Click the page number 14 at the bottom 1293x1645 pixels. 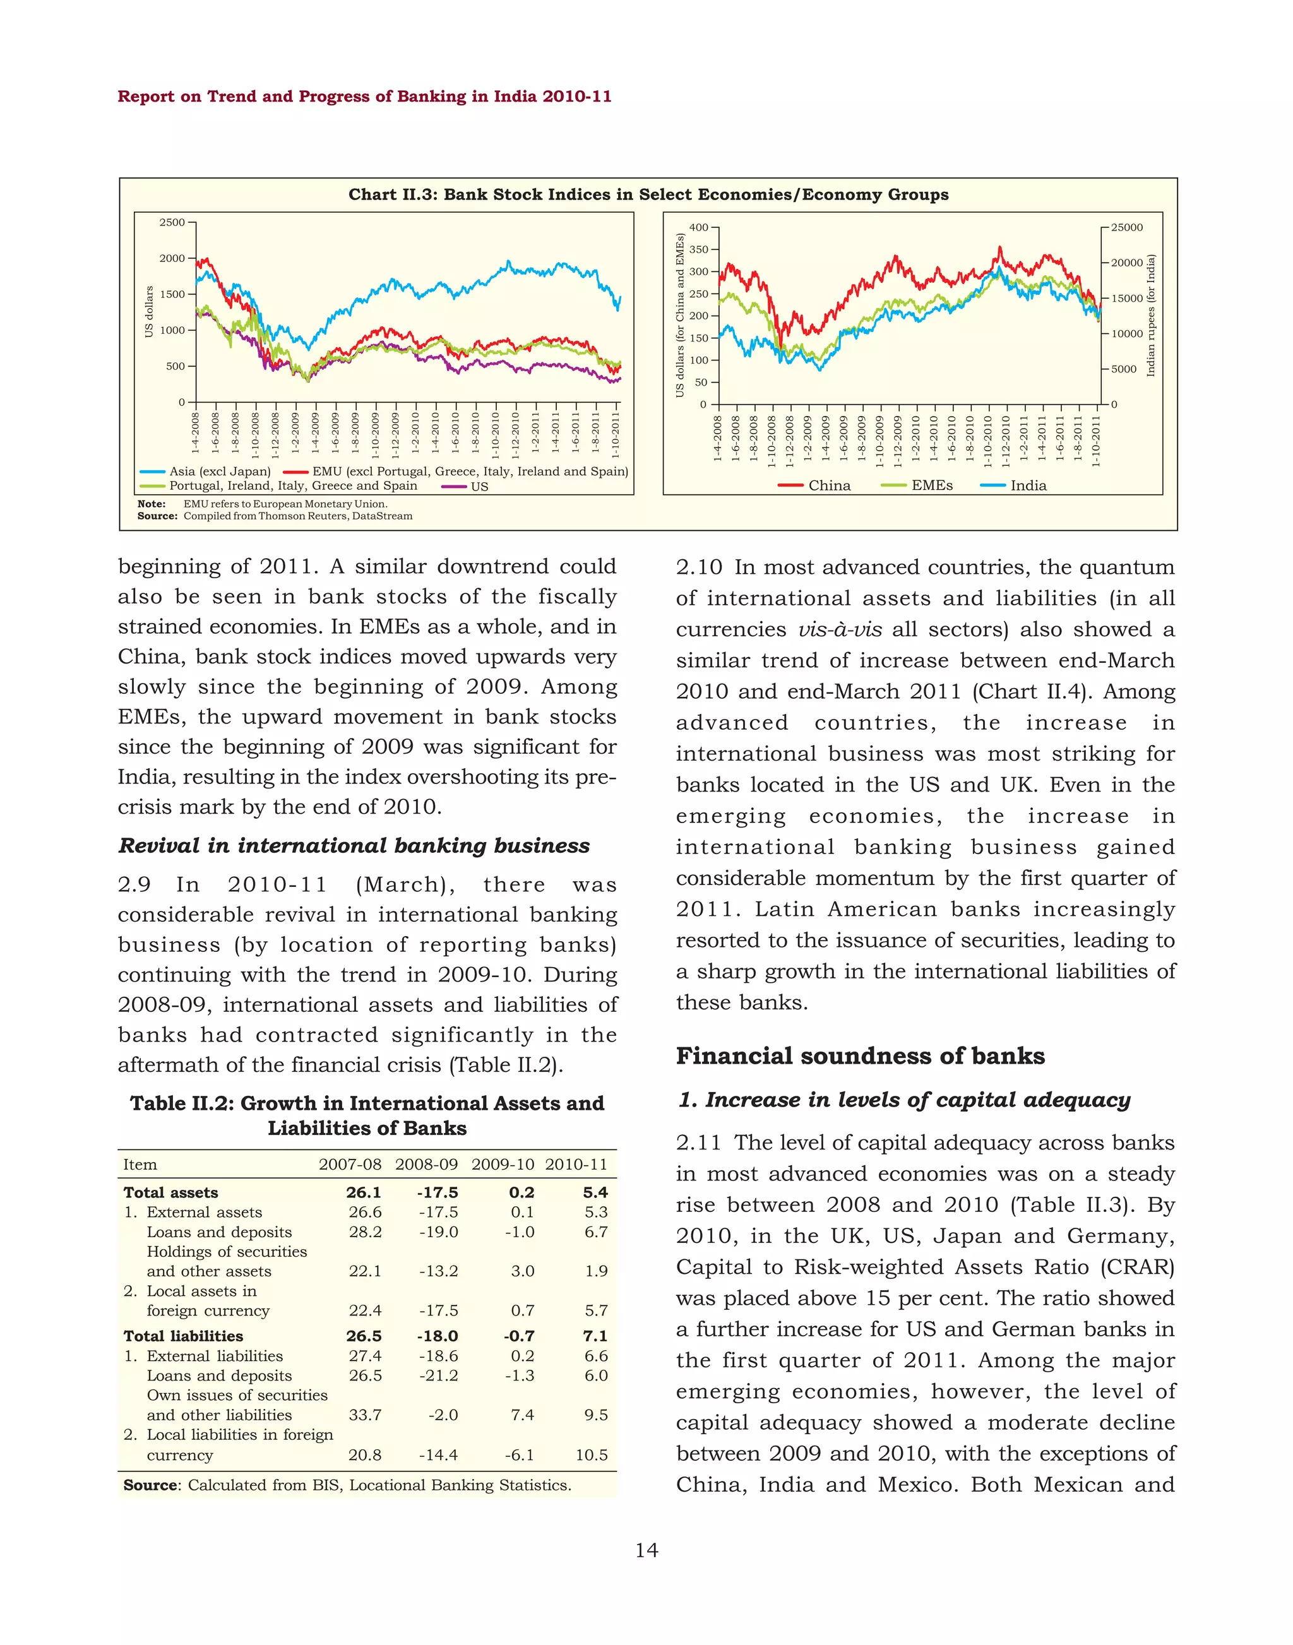tap(646, 1550)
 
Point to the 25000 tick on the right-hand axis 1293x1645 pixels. tap(1127, 227)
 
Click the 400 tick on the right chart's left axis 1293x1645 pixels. tap(698, 227)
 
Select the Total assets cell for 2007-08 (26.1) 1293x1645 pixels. tap(364, 1192)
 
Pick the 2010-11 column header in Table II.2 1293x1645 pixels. tap(576, 1164)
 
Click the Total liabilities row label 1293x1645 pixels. tap(183, 1336)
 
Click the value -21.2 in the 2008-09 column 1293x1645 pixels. tap(438, 1375)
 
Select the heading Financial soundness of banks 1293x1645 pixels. tap(860, 1056)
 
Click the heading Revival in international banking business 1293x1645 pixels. tap(354, 846)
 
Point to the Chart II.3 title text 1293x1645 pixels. tap(648, 194)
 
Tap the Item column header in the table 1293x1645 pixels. tap(140, 1164)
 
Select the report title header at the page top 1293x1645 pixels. tap(364, 96)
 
